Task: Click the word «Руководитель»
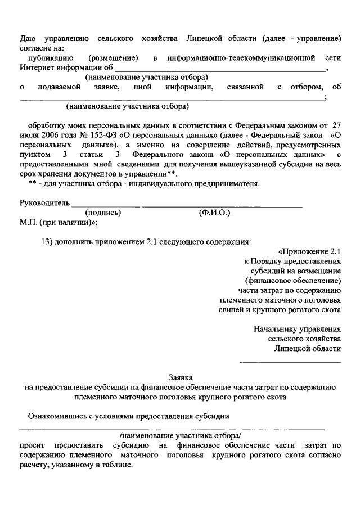(44, 202)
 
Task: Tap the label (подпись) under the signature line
(103, 213)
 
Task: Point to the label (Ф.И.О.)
(214, 213)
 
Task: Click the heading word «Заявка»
(180, 377)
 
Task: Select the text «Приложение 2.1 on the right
(309, 251)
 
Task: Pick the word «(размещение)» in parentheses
(114, 58)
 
